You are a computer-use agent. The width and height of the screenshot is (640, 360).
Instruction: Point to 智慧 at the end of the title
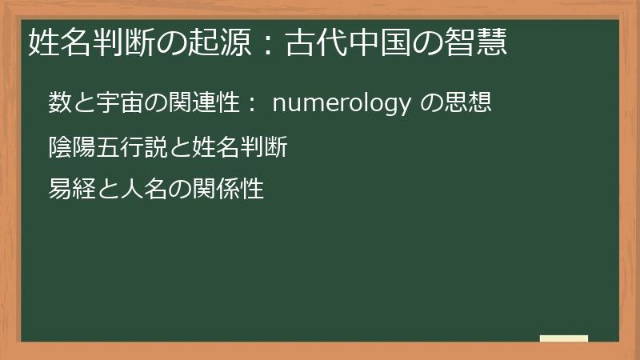[x=482, y=42]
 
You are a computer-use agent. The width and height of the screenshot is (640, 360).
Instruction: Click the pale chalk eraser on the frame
[x=564, y=338]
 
